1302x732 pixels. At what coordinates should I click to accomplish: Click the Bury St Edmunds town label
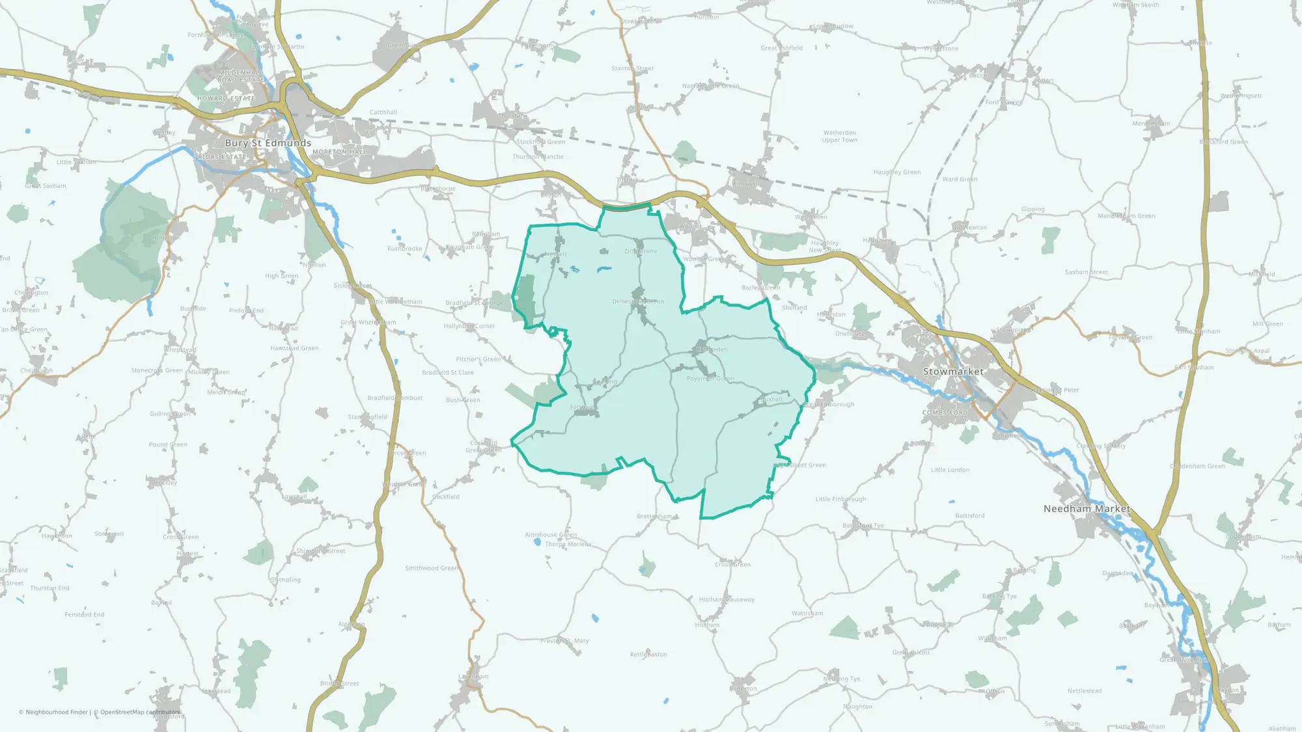[268, 143]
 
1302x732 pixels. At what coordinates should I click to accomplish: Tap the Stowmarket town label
[953, 372]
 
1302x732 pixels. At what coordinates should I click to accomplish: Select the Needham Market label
[1087, 509]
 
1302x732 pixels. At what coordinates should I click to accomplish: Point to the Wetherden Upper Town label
[839, 136]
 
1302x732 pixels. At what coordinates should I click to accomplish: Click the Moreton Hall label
[339, 152]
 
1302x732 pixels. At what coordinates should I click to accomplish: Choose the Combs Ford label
[945, 413]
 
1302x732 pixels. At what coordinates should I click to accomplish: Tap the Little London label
[950, 470]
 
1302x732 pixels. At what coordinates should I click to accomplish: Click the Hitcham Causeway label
[727, 600]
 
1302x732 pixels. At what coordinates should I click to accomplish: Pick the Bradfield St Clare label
[448, 373]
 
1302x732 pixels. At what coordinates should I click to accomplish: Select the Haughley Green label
[896, 172]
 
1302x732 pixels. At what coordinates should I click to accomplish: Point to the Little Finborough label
[840, 499]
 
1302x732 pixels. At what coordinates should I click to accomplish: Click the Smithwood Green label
[432, 568]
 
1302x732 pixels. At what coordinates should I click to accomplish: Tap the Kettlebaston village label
[648, 655]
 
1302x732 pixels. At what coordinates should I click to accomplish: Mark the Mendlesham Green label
[1126, 216]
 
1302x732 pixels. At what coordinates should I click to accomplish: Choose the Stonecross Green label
[157, 370]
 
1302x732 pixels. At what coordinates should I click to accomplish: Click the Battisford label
[969, 516]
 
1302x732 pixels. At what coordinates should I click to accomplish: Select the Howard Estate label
[226, 99]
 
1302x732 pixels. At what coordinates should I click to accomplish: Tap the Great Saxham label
[46, 186]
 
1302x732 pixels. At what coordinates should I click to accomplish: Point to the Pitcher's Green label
[478, 359]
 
